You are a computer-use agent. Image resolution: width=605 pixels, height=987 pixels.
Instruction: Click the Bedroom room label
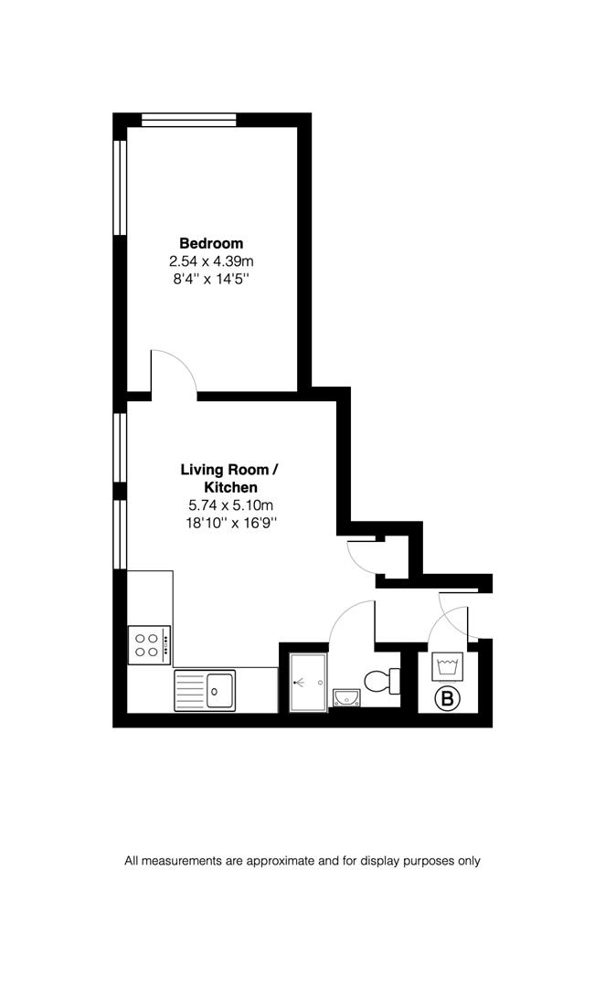[x=211, y=243]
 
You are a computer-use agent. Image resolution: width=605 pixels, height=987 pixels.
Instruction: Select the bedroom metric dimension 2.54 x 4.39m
[x=211, y=260]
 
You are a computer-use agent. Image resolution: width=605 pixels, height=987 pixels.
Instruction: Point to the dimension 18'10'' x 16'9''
[x=229, y=523]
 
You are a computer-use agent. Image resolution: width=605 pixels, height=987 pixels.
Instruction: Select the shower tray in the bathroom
[x=307, y=682]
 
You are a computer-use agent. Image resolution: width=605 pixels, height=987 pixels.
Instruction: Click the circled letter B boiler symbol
[x=447, y=700]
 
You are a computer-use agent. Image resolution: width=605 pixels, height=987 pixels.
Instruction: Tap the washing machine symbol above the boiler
[x=447, y=665]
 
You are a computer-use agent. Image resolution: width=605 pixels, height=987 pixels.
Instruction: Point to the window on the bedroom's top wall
[x=189, y=119]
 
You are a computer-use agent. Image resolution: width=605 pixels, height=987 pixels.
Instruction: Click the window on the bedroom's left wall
[x=119, y=187]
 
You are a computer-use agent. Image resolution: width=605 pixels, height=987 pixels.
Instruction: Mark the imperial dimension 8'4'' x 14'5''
[x=211, y=278]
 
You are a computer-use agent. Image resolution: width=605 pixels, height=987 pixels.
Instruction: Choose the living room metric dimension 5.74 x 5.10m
[x=229, y=505]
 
